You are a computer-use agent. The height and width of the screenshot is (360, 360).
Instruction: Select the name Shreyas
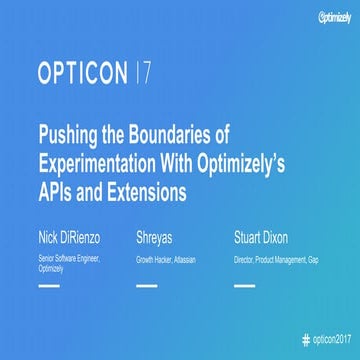[156, 239]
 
